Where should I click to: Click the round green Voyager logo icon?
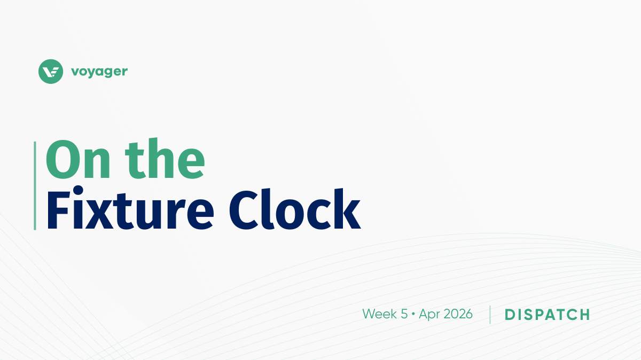(x=51, y=72)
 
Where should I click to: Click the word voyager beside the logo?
(x=99, y=72)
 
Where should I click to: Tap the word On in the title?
(x=78, y=159)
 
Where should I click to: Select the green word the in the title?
(x=165, y=158)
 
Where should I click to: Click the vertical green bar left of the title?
(x=35, y=186)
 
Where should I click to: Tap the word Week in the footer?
(x=381, y=314)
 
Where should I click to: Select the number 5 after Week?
(x=404, y=314)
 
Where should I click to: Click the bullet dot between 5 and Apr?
(x=413, y=315)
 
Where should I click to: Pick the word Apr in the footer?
(x=429, y=315)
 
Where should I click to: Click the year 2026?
(x=458, y=314)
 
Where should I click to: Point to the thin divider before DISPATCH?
(x=490, y=315)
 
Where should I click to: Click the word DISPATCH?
(x=547, y=315)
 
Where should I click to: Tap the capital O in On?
(x=62, y=159)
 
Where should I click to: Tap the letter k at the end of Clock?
(x=347, y=209)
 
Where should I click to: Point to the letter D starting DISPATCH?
(x=510, y=315)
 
